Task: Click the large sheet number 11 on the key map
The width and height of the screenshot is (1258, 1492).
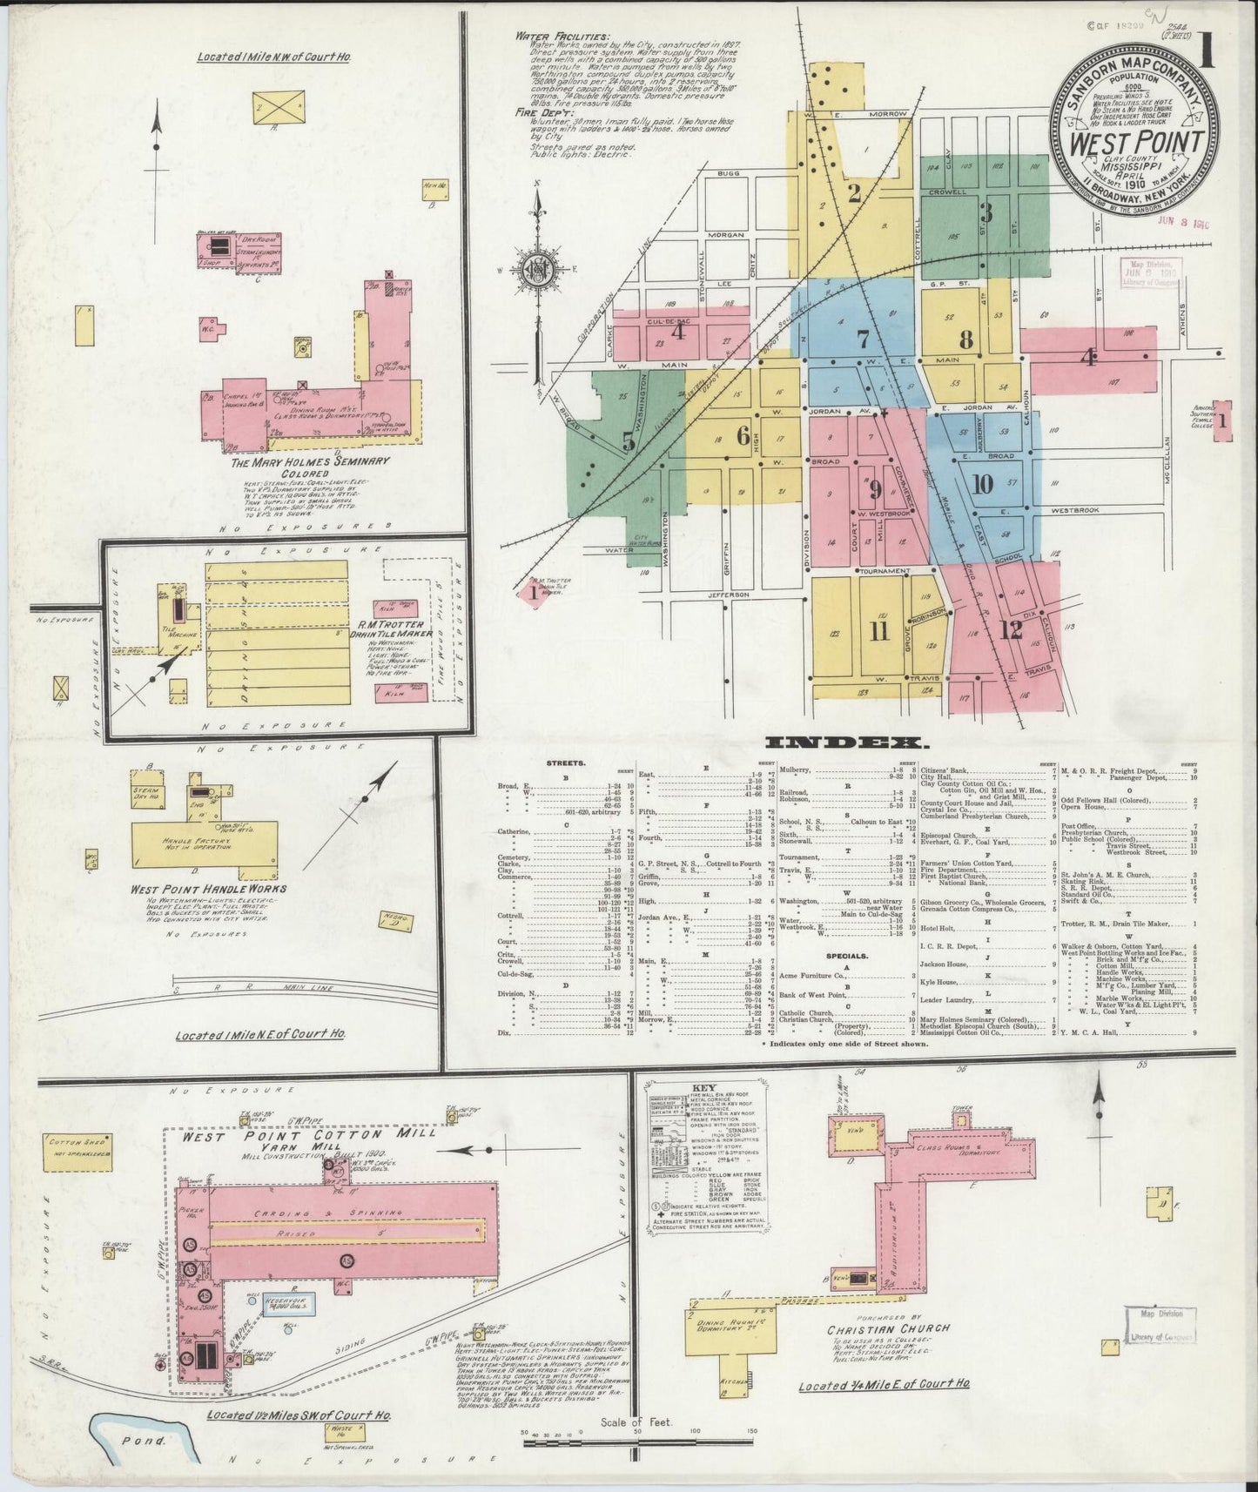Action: click(x=878, y=630)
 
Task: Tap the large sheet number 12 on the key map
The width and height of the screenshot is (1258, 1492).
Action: click(x=1010, y=630)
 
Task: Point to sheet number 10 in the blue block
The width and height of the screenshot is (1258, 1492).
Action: click(x=982, y=484)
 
